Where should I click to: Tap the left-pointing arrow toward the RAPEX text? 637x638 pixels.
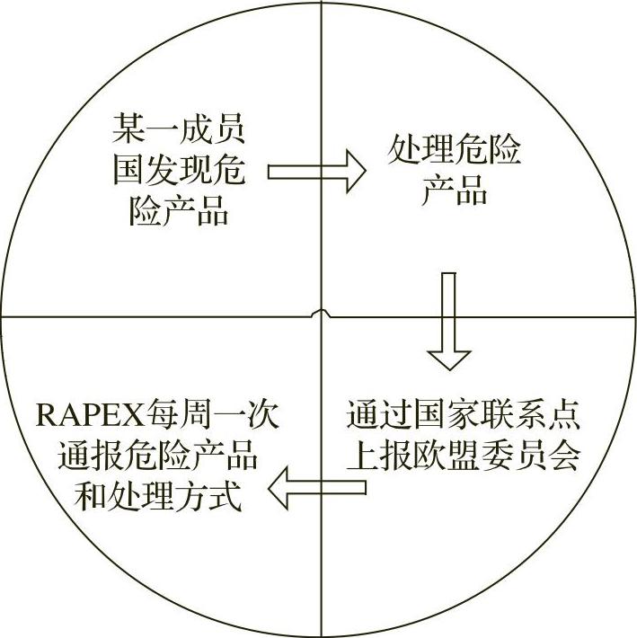[318, 489]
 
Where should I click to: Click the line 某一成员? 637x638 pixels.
[179, 128]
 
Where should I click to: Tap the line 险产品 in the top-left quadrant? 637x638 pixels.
[179, 212]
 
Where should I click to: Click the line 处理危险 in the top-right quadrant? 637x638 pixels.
[454, 149]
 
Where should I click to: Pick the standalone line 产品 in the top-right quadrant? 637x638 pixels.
[455, 191]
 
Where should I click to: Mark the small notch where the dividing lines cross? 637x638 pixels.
[321, 315]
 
